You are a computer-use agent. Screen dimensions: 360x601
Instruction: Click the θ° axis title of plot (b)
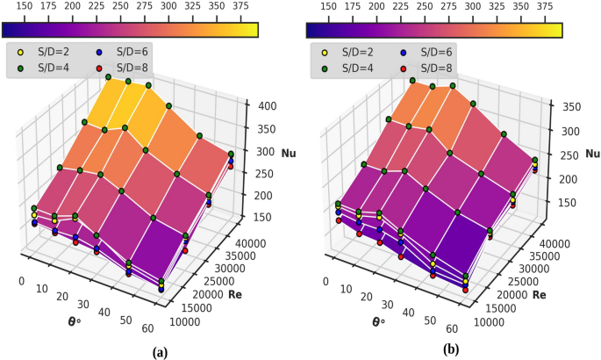tap(378, 321)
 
